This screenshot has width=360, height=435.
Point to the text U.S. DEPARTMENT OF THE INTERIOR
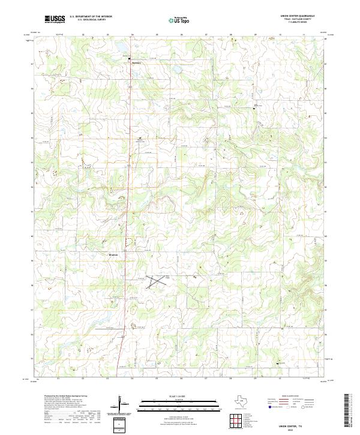tap(91, 17)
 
